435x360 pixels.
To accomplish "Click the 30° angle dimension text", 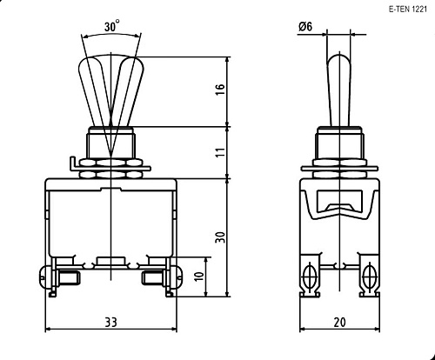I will click(111, 26).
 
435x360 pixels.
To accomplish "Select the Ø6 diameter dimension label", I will click(305, 27).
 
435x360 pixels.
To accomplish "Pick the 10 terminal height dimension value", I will click(199, 278).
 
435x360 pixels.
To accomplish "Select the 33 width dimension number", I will click(111, 323).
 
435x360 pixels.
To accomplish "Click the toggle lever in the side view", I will click(339, 87).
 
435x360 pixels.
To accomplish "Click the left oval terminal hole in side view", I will click(309, 277).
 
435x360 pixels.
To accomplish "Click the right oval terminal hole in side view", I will click(370, 277).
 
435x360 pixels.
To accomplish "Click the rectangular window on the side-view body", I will click(339, 207).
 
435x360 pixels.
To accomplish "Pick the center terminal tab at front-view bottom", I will click(111, 259).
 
